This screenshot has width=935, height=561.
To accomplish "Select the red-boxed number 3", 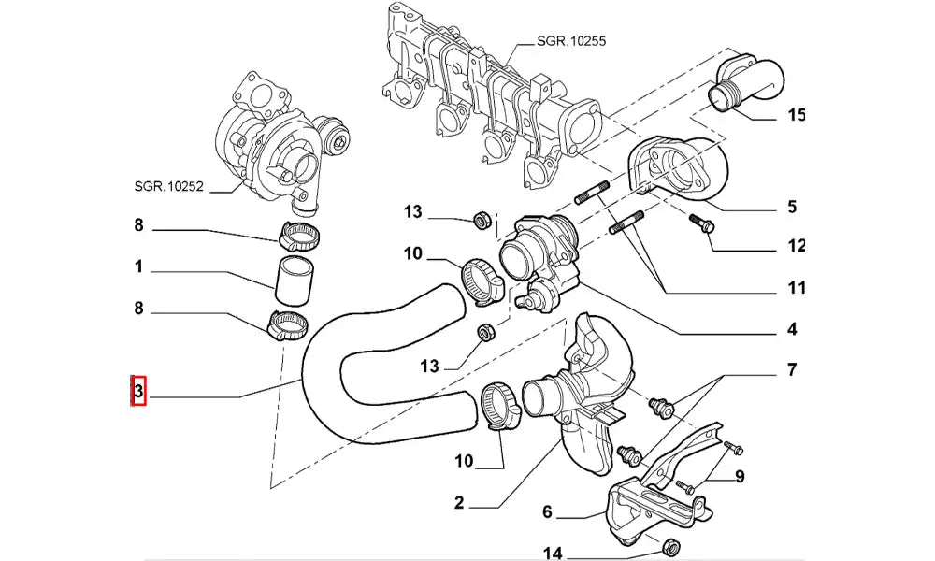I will coord(137,391).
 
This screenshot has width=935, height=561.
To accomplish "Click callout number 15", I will coord(796,116).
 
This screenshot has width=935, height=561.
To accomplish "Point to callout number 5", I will coord(791,207).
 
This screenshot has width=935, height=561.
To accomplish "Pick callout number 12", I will coord(796,247).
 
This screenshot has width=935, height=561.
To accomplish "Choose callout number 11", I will coord(796,288).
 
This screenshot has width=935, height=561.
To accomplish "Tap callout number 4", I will coord(791,329).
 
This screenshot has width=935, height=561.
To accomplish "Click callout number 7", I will coord(791,371).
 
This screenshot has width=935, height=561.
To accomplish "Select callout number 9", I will coord(739,477).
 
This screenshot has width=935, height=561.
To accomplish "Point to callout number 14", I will coord(553,554).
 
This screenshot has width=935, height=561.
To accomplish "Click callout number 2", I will coord(459,503).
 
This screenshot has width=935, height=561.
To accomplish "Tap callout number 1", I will coord(137,267).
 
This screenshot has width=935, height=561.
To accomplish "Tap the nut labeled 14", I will coord(669,547).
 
